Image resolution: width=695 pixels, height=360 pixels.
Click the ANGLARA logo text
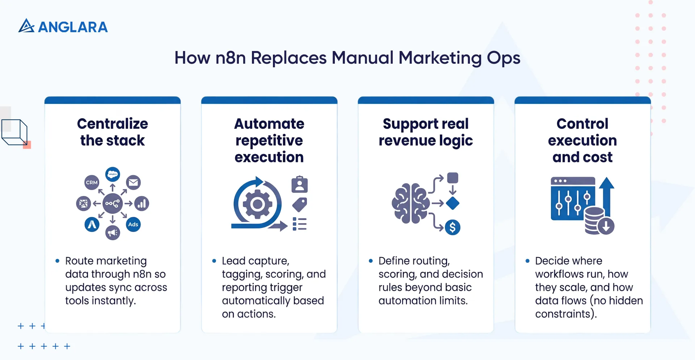pyautogui.click(x=72, y=27)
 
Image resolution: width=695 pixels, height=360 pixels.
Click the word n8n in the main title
pyautogui.click(x=231, y=58)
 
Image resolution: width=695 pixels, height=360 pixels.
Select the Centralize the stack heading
pyautogui.click(x=113, y=132)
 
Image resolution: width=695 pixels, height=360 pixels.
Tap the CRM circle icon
pyautogui.click(x=92, y=182)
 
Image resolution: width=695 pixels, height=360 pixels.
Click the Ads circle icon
pyautogui.click(x=133, y=224)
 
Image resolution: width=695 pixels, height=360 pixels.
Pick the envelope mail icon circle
pyautogui.click(x=134, y=182)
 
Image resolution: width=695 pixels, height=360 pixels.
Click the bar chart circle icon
pyautogui.click(x=142, y=204)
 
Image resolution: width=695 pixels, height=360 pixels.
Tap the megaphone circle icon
pyautogui.click(x=113, y=232)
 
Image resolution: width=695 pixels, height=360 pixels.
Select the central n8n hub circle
pyautogui.click(x=113, y=204)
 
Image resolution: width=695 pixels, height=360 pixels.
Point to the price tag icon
pyautogui.click(x=300, y=205)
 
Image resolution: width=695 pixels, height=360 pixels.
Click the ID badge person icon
pyautogui.click(x=300, y=185)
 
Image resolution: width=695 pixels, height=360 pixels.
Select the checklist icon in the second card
pyautogui.click(x=300, y=224)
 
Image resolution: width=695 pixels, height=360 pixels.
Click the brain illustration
pyautogui.click(x=410, y=204)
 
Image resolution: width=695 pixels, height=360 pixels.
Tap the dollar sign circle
pyautogui.click(x=452, y=228)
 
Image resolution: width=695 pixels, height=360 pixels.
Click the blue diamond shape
pyautogui.click(x=452, y=203)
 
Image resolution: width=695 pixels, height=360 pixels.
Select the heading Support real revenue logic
pyautogui.click(x=426, y=132)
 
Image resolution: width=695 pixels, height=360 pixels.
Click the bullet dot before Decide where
pyautogui.click(x=527, y=261)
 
